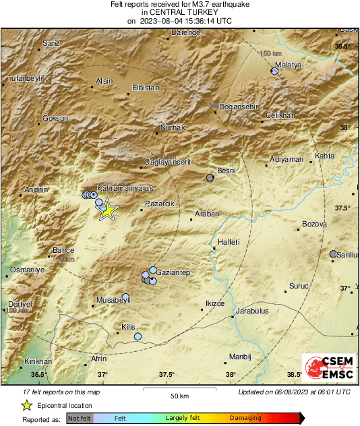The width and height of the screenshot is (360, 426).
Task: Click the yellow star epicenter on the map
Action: [x=107, y=211]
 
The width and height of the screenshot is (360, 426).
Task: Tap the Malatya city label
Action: [x=287, y=65]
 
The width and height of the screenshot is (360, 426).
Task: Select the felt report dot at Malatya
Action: [x=274, y=71]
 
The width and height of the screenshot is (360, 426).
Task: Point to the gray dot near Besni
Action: [x=210, y=178]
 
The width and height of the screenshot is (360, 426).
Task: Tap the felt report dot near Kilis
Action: [x=138, y=336]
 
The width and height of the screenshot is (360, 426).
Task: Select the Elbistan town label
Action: [x=146, y=88]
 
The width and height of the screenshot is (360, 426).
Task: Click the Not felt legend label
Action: [x=80, y=419]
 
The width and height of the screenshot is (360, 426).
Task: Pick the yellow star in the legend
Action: [x=26, y=405]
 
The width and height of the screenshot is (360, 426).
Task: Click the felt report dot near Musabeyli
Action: [x=125, y=297]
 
